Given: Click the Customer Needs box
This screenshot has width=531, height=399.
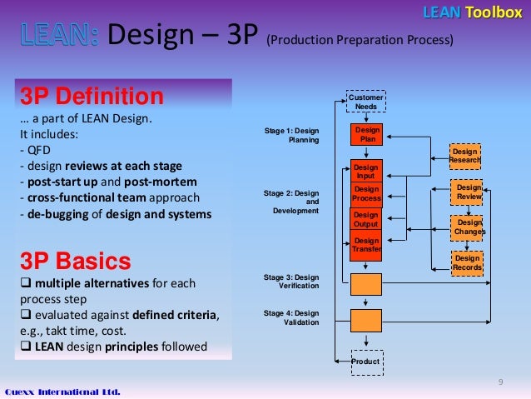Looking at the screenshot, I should pos(366,102).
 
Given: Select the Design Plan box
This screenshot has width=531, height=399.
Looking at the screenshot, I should pos(366,136).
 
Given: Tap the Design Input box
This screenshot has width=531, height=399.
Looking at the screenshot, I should pos(366,172).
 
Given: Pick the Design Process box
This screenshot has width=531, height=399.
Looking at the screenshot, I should pos(366,194).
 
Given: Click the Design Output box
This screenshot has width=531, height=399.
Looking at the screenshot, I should pos(366,220).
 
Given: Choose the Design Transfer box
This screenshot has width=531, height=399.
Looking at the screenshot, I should pos(366,245).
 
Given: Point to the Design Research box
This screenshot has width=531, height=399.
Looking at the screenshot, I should pos(465,156).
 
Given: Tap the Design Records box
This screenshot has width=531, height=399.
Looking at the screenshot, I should pos(466,263).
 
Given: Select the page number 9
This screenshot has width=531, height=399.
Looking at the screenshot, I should pos(500,382).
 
